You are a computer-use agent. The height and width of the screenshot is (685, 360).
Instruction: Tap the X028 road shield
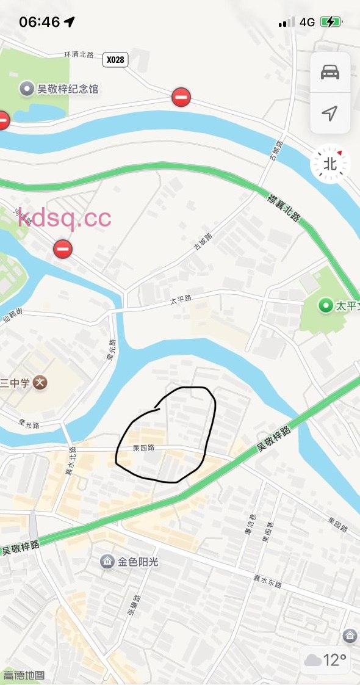click(x=115, y=59)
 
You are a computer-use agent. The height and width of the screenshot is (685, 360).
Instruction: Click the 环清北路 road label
click(x=79, y=55)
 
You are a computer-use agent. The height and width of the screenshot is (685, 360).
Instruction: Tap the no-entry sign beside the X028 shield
click(x=181, y=97)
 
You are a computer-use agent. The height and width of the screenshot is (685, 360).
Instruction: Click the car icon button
click(x=330, y=72)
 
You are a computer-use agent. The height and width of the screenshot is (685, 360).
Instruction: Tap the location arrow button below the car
click(x=330, y=113)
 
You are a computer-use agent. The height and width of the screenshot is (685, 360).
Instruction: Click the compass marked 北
click(x=330, y=164)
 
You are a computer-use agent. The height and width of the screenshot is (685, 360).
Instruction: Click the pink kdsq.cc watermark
click(x=65, y=217)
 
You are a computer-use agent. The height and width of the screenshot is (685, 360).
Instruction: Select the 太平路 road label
click(x=181, y=299)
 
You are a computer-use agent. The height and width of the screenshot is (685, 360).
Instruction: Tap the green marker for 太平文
click(x=326, y=305)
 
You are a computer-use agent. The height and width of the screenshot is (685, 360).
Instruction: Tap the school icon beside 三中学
click(x=40, y=383)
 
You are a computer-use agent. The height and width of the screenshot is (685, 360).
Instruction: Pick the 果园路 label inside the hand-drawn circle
click(x=144, y=448)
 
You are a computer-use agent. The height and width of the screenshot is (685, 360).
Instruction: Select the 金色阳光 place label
click(x=138, y=562)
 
